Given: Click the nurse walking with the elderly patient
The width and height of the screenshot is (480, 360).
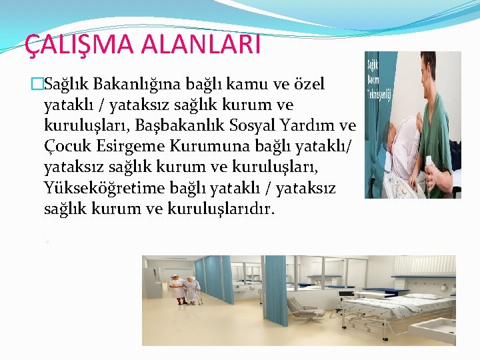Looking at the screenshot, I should coord(177,287).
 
